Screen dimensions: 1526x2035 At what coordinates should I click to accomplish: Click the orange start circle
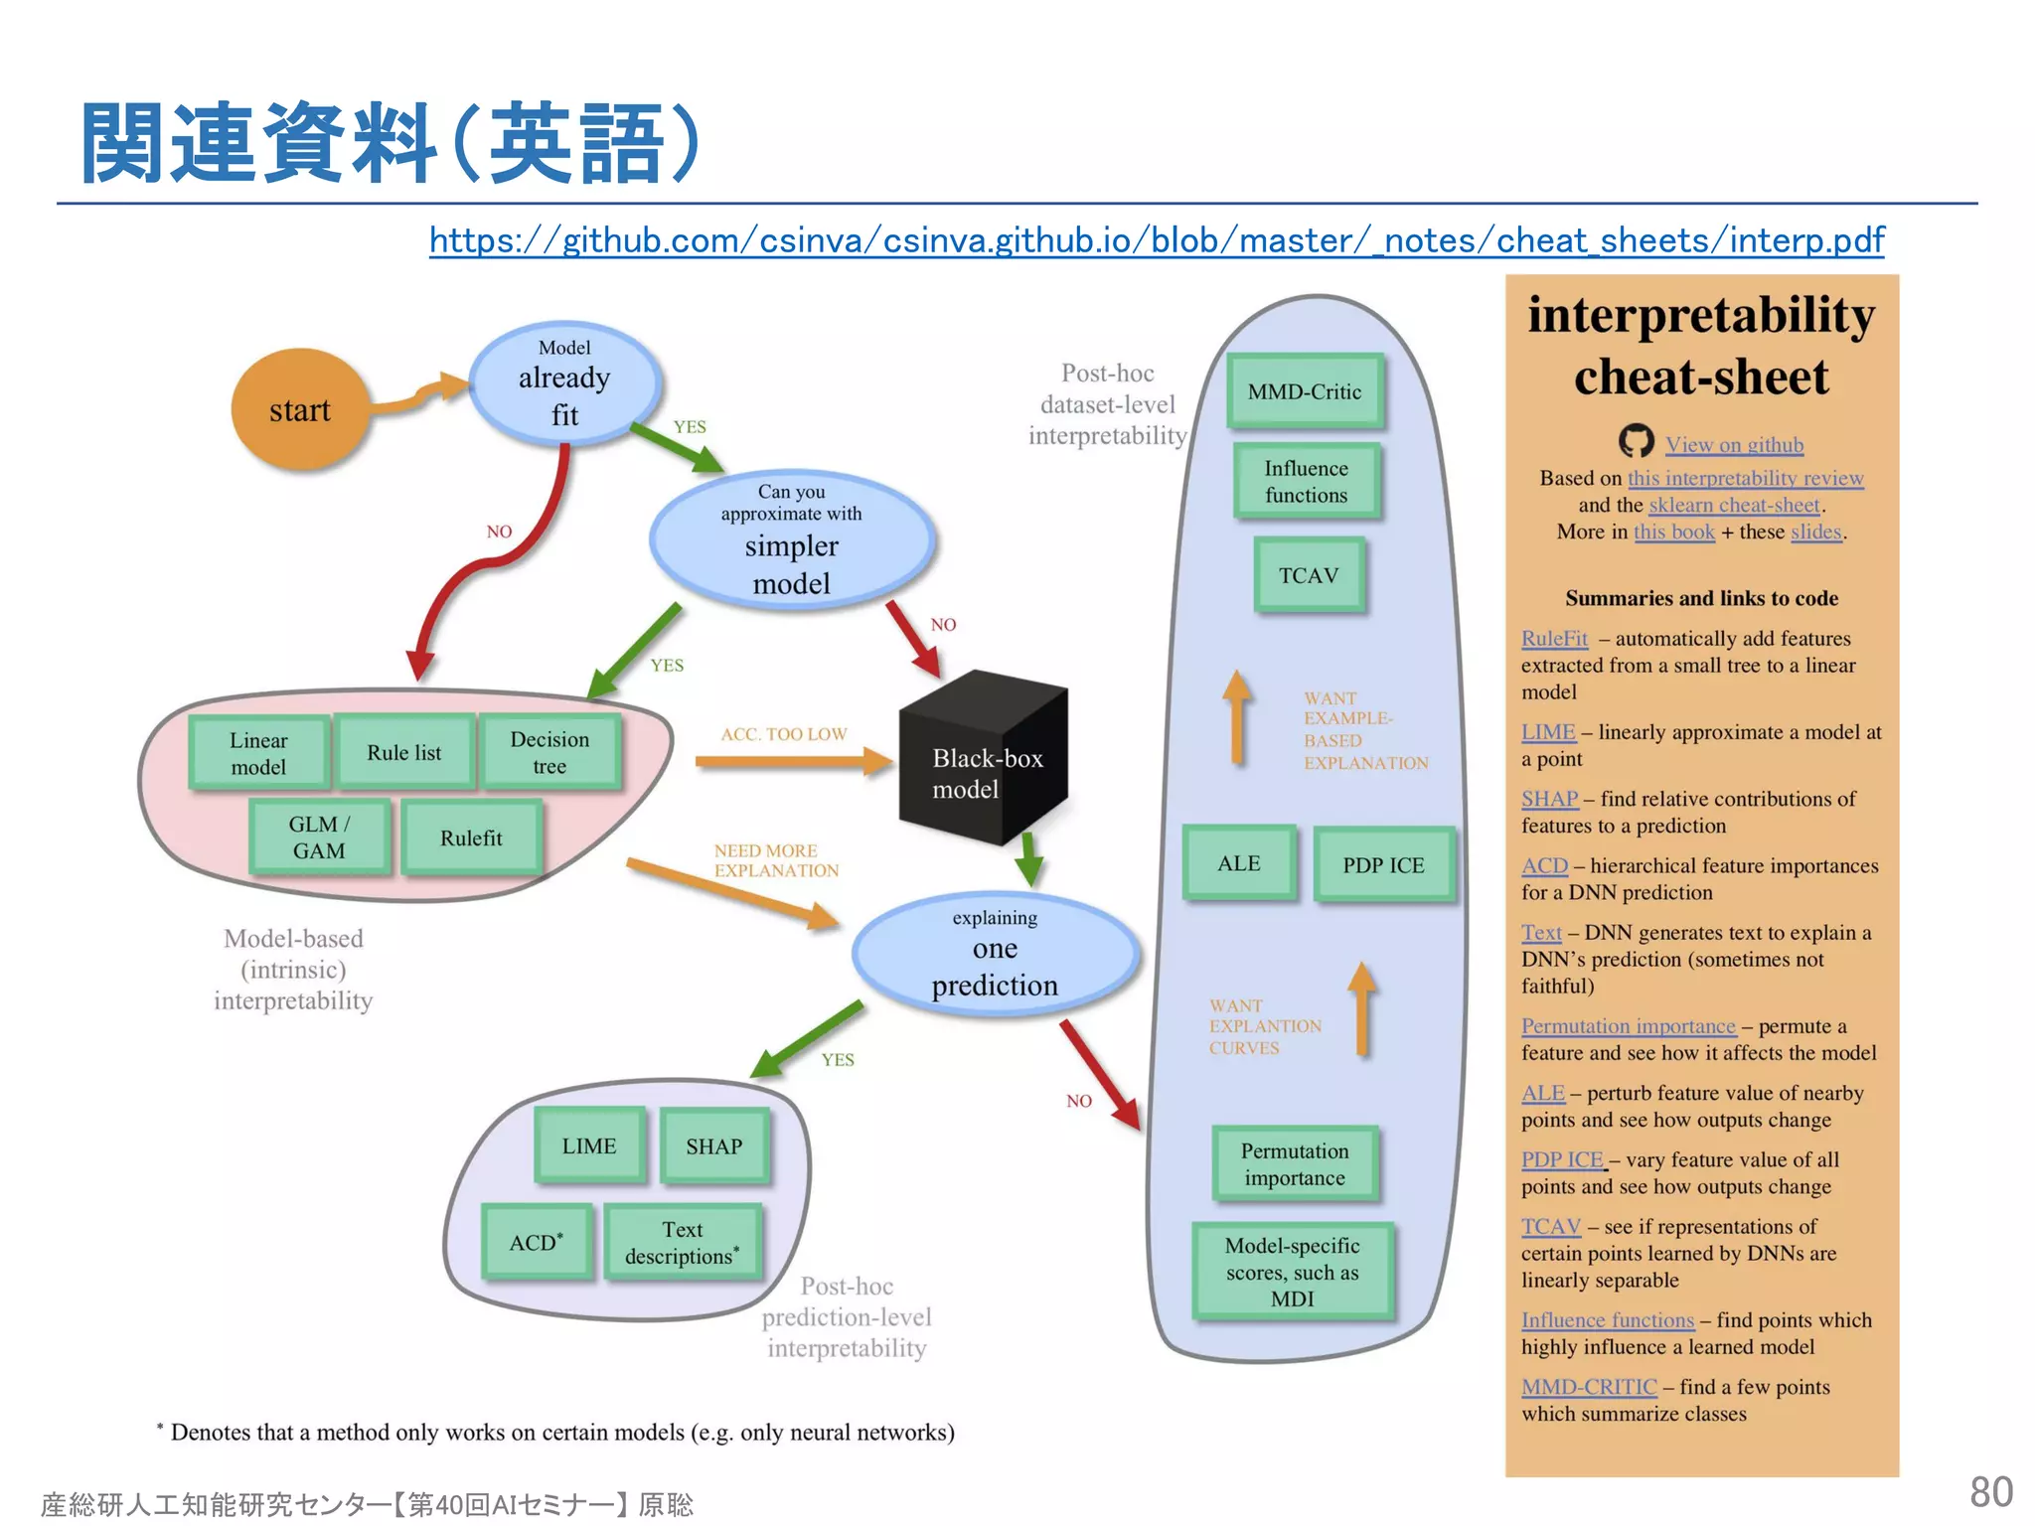[x=299, y=409]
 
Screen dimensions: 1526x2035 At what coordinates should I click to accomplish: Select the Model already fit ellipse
[x=564, y=383]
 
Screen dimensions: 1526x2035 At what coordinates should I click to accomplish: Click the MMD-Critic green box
[x=1304, y=391]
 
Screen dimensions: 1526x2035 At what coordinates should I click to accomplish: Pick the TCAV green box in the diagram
[x=1308, y=575]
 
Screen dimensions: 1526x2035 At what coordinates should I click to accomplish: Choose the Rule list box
[x=403, y=752]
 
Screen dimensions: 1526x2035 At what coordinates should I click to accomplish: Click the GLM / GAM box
[x=319, y=838]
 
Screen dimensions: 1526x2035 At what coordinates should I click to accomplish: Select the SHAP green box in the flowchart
[x=713, y=1145]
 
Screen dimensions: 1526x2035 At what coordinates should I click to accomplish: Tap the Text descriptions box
[x=682, y=1242]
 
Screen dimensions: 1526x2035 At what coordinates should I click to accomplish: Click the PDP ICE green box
[x=1383, y=864]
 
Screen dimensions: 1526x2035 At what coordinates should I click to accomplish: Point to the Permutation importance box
[x=1294, y=1163]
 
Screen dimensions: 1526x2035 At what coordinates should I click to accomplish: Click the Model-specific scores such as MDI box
[x=1292, y=1272]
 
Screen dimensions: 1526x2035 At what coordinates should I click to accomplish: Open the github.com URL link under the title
[x=1156, y=239]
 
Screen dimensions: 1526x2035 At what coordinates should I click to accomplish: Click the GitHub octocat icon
[x=1636, y=441]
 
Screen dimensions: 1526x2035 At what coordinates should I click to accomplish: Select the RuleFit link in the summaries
[x=1554, y=639]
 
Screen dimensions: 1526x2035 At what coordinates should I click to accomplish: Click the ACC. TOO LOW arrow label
[x=783, y=734]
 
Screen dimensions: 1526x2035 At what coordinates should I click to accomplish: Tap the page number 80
[x=1990, y=1491]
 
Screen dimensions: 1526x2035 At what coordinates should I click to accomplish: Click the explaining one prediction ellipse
[x=995, y=954]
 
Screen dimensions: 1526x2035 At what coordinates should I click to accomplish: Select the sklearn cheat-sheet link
[x=1734, y=505]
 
